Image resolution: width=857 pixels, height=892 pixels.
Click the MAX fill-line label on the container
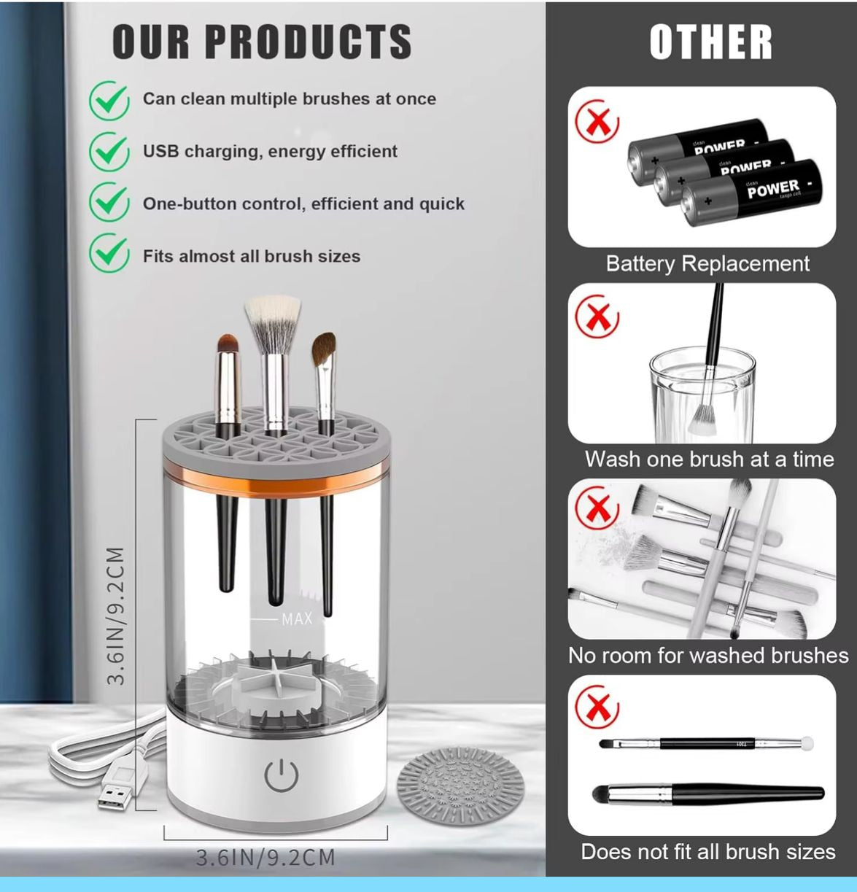click(x=296, y=619)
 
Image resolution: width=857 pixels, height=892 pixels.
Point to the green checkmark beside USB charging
click(x=109, y=151)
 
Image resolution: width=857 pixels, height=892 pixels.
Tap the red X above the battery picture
click(x=597, y=122)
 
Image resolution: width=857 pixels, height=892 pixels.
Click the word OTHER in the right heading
click(x=710, y=42)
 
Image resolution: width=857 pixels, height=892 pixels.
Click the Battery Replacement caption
click(x=707, y=263)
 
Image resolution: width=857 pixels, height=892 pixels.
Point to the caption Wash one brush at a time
click(x=709, y=459)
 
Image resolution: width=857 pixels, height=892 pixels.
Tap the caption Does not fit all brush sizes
click(x=707, y=852)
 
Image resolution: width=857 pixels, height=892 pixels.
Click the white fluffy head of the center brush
click(x=272, y=322)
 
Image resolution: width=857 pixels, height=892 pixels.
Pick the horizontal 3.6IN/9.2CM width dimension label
click(x=265, y=857)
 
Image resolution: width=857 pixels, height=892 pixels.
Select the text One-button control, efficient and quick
click(x=303, y=203)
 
